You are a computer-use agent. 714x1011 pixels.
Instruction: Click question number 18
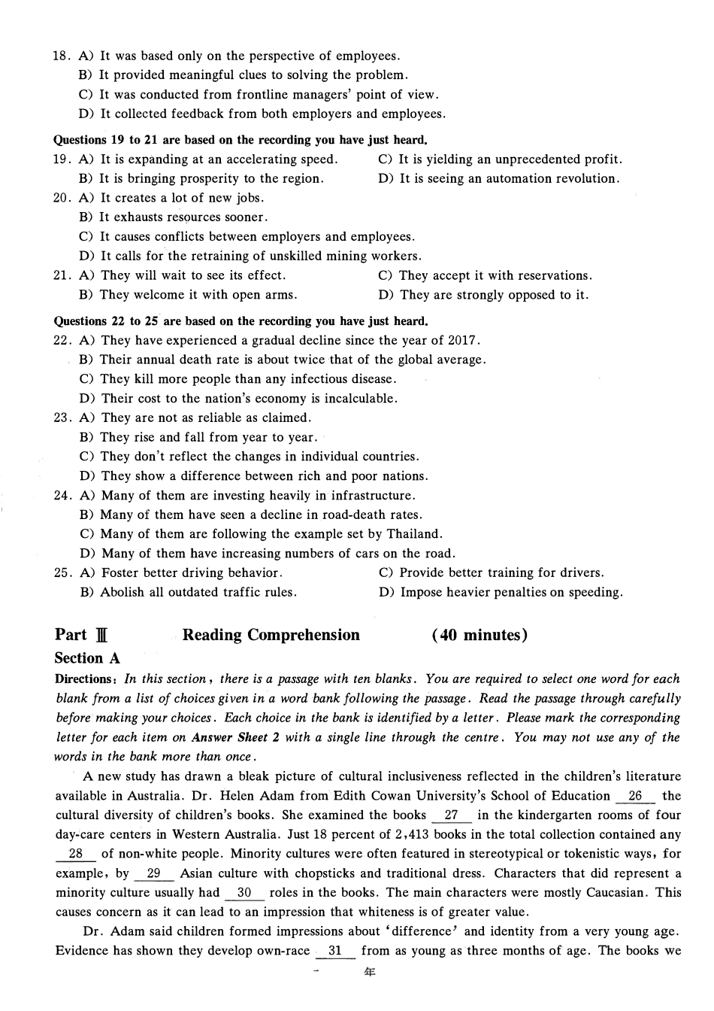(x=61, y=56)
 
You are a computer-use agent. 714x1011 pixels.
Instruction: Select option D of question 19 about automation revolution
(x=499, y=179)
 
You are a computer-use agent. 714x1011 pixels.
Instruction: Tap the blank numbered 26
(x=635, y=796)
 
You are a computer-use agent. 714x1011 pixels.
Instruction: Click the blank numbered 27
(x=452, y=815)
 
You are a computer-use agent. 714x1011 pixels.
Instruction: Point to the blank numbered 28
(x=76, y=854)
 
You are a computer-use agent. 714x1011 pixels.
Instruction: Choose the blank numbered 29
(x=154, y=873)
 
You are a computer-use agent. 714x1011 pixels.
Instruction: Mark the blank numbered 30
(x=244, y=893)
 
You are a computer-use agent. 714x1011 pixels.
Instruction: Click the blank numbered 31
(x=335, y=951)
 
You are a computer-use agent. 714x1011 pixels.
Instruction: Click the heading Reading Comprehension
(x=271, y=636)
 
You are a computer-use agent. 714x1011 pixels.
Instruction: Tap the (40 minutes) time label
(x=480, y=636)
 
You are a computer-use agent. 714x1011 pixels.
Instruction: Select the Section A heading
(x=87, y=658)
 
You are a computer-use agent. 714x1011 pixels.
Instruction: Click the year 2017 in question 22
(x=464, y=340)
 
